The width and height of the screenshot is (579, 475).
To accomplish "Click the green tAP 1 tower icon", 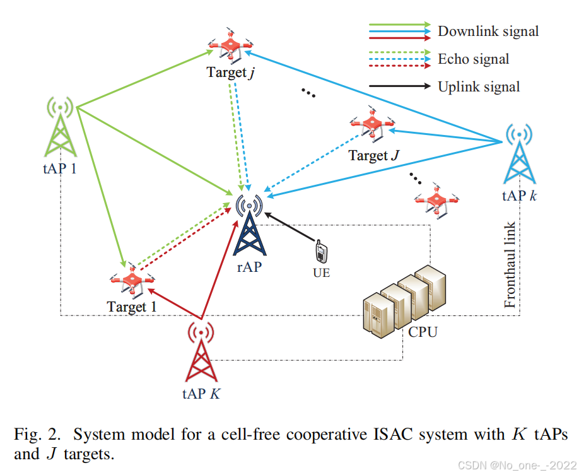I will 60,129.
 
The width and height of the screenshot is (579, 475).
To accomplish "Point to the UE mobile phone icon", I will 321,252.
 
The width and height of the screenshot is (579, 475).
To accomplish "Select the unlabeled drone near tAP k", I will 436,201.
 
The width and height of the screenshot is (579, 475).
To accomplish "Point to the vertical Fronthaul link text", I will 511,265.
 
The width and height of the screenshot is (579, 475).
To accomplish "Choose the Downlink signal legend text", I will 488,31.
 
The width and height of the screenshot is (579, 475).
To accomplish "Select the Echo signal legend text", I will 473,59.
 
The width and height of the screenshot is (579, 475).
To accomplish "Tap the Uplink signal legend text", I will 479,87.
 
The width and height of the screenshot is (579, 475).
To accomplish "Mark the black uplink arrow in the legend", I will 397,86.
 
